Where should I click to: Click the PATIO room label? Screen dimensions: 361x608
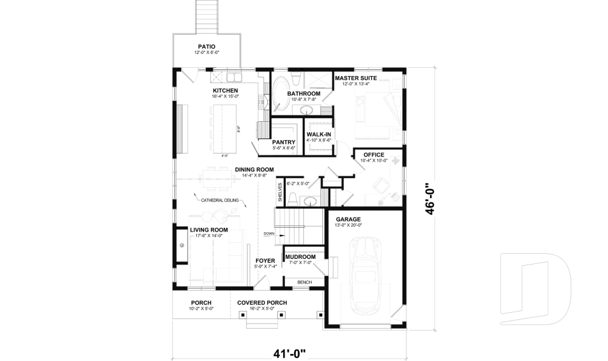(x=206, y=46)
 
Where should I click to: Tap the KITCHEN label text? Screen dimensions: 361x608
(x=225, y=91)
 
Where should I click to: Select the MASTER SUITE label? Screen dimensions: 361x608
(x=356, y=78)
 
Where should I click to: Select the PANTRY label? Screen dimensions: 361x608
(x=284, y=142)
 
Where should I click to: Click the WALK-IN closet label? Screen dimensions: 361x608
(x=319, y=135)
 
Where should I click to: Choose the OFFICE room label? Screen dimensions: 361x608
(x=374, y=154)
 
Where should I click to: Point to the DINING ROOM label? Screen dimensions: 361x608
(x=254, y=169)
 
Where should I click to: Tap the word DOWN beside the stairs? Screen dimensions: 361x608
(x=269, y=233)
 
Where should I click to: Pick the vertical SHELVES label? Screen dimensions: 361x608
(x=279, y=192)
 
